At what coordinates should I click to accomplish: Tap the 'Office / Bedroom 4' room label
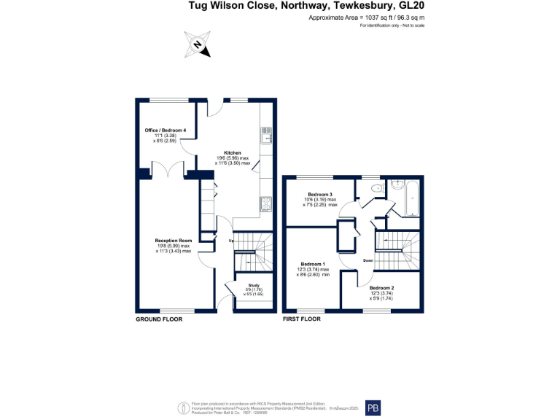coord(165,130)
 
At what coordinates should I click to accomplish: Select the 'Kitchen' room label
coord(232,153)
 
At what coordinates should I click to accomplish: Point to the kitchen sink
coord(266,135)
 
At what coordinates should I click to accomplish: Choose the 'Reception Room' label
coord(173,241)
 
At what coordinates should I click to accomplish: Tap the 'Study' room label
coord(253,285)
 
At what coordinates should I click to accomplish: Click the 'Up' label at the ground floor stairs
coord(231,241)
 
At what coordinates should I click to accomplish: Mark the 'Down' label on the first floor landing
coord(368,260)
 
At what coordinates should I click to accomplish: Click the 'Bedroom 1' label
coord(314,264)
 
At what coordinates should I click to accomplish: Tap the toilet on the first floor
coord(375,189)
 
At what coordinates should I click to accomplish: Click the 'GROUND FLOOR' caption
coord(159,319)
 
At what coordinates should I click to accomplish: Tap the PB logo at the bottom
coord(373,408)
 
